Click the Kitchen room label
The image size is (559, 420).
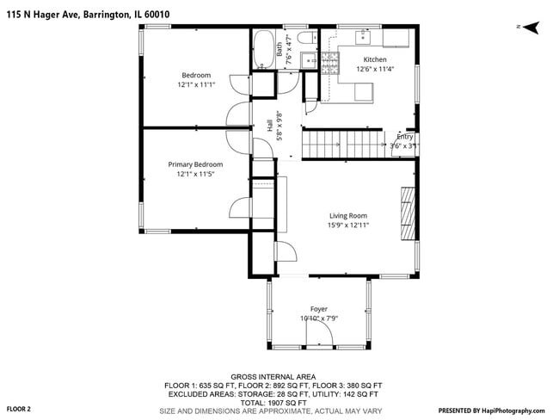[x=375, y=59]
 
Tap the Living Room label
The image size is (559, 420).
[x=348, y=216]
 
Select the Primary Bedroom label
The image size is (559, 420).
[x=195, y=164]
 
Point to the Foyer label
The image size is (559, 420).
[x=319, y=309]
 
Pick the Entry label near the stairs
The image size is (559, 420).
[x=404, y=137]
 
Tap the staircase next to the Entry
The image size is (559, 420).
[x=341, y=144]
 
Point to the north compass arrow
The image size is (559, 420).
[x=531, y=27]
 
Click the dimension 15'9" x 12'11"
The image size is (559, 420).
[x=348, y=225]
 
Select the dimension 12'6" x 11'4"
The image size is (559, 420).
[x=375, y=69]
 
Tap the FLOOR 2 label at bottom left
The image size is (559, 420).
[x=19, y=409]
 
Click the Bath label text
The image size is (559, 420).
[x=280, y=50]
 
